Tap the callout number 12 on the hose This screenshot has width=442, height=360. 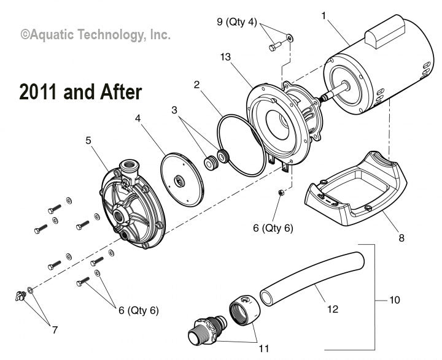pyautogui.click(x=332, y=310)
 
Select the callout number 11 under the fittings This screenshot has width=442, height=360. pyautogui.click(x=263, y=349)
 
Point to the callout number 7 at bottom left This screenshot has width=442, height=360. pyautogui.click(x=55, y=331)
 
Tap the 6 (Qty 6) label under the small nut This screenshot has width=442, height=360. pyautogui.click(x=273, y=228)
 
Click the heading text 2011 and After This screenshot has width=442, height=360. pyautogui.click(x=80, y=92)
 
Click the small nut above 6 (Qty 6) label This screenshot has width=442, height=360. pyautogui.click(x=279, y=193)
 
